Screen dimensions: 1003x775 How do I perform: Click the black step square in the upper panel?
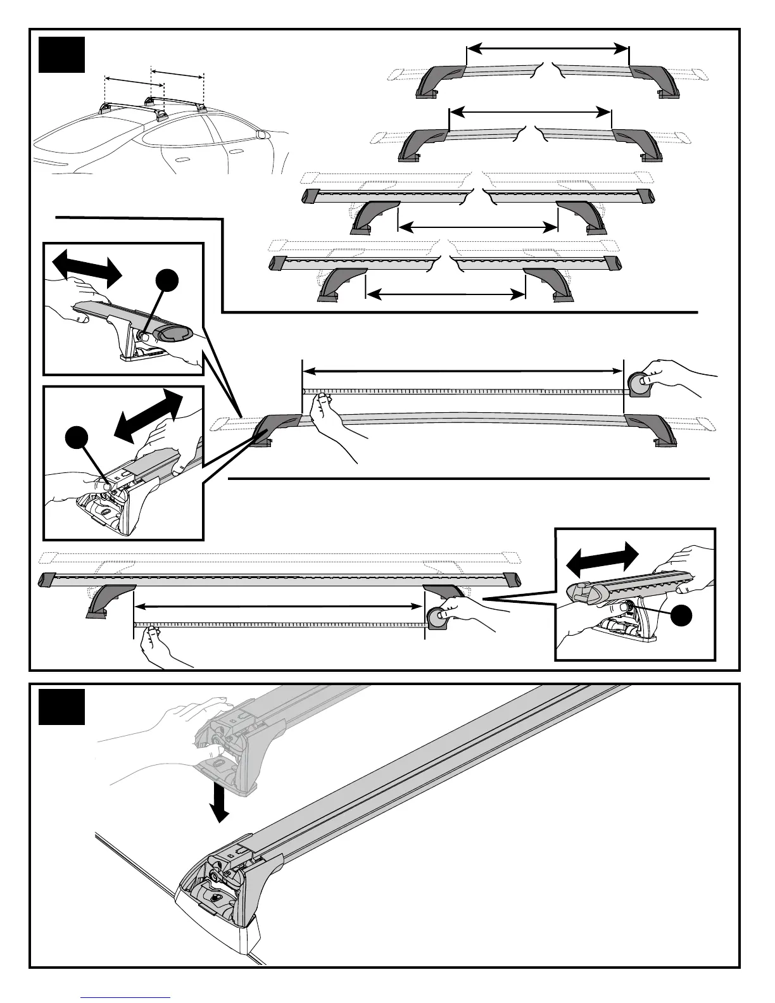[61, 54]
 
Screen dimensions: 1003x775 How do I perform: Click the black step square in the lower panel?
[61, 707]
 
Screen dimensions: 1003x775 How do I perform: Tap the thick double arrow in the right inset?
[602, 558]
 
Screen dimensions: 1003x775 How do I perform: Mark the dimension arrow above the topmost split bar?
[547, 48]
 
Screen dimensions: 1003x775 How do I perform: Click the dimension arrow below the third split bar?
[478, 227]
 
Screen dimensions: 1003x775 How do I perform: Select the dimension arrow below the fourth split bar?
[446, 293]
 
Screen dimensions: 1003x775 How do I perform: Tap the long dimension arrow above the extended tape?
[463, 370]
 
